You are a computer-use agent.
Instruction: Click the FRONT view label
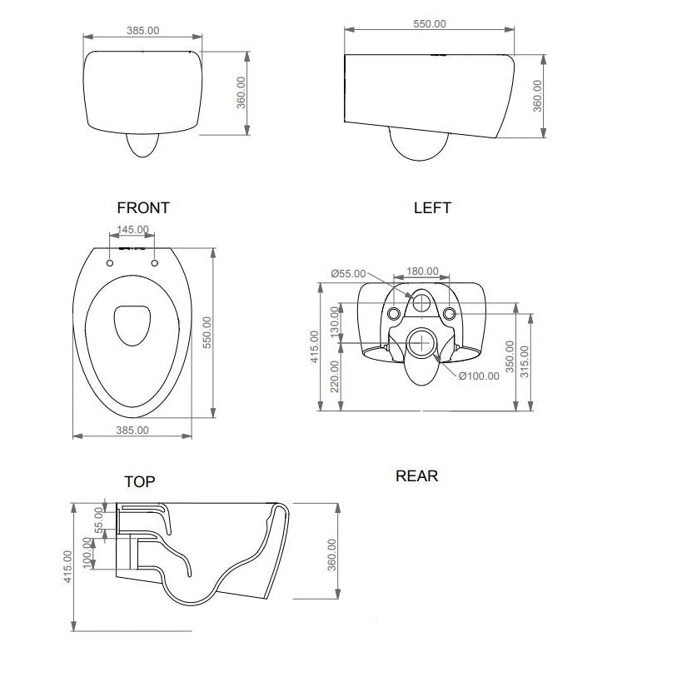tap(143, 208)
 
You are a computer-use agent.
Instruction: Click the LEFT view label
tap(432, 208)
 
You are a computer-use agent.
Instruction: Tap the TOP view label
tap(139, 481)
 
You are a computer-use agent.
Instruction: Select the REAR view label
tap(416, 476)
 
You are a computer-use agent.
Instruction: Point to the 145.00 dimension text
tap(132, 230)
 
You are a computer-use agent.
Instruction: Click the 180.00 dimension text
tap(422, 272)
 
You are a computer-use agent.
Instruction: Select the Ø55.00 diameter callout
tap(347, 273)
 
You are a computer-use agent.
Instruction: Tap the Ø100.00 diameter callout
tap(479, 376)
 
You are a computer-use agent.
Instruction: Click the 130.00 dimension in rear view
tap(335, 322)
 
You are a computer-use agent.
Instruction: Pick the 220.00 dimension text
tap(335, 376)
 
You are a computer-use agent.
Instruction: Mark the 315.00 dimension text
tap(524, 360)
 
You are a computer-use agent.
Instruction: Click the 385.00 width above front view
tap(142, 30)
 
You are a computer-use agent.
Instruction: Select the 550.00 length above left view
tap(430, 24)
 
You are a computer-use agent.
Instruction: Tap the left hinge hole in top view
tap(110, 263)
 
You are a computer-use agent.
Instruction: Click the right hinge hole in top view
tap(155, 263)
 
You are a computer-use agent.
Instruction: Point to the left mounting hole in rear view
tap(394, 314)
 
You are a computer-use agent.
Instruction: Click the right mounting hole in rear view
tap(450, 314)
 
